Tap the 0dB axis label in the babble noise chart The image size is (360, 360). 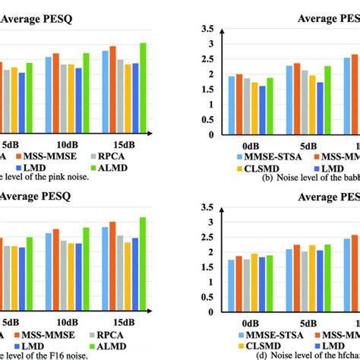[249, 144]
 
